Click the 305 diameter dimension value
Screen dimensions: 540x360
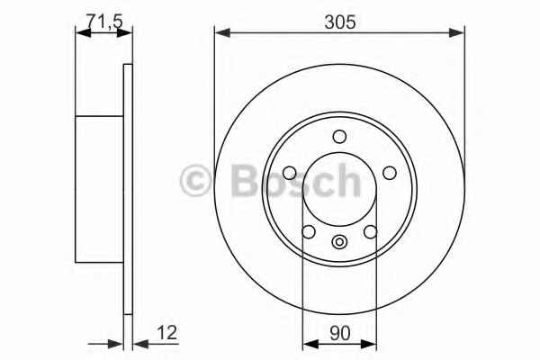339,22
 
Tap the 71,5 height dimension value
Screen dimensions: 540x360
104,22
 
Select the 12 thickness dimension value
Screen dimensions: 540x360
166,332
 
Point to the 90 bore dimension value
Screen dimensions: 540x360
339,333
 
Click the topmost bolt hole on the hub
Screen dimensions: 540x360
339,137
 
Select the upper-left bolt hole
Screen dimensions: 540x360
289,173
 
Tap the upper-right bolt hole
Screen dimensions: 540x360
390,173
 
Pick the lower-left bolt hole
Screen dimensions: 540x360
308,231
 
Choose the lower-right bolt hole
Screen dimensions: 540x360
371,231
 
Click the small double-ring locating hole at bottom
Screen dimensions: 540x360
339,242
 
